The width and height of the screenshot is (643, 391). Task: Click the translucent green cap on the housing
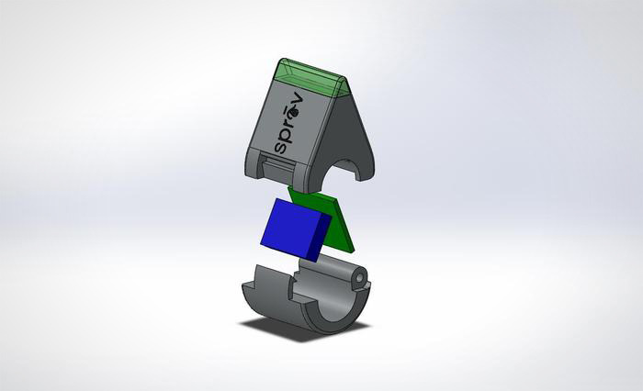coord(312,79)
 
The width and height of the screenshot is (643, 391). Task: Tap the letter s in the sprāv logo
coord(281,147)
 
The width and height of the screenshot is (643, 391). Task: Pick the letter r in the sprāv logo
coord(289,122)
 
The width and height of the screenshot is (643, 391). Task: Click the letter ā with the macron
coord(294,111)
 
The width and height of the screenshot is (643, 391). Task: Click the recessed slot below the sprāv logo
coord(278,165)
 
